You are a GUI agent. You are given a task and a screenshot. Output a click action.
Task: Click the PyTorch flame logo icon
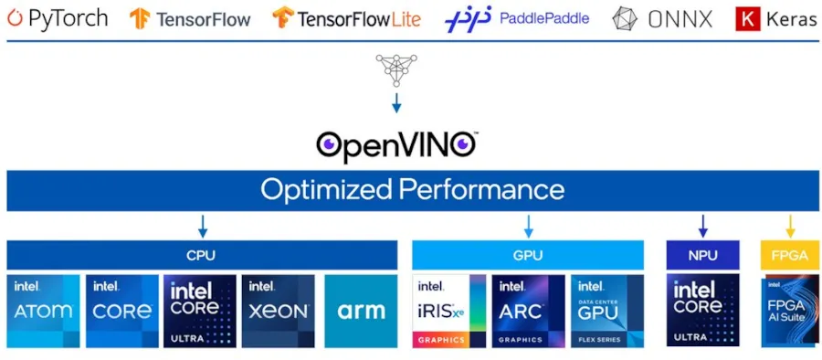pyautogui.click(x=16, y=17)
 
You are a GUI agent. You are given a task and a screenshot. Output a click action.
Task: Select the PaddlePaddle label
pyautogui.click(x=544, y=17)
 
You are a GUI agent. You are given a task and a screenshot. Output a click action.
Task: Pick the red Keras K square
pyautogui.click(x=747, y=17)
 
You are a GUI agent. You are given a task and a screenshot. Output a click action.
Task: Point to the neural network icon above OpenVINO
pyautogui.click(x=395, y=70)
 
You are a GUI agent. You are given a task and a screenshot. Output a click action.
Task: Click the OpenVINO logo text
pyautogui.click(x=396, y=143)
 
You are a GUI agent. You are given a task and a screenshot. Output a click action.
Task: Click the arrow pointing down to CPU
pyautogui.click(x=203, y=226)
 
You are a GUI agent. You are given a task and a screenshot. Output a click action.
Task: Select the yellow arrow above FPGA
pyautogui.click(x=790, y=226)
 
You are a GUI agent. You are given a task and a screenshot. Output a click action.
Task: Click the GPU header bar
pyautogui.click(x=529, y=255)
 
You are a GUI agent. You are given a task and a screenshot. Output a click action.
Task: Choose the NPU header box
pyautogui.click(x=702, y=255)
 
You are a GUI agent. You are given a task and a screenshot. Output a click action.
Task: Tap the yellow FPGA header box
pyautogui.click(x=790, y=255)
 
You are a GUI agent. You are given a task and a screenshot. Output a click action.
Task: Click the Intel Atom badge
pyautogui.click(x=42, y=311)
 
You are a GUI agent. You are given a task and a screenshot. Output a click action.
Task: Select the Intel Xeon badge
pyautogui.click(x=278, y=311)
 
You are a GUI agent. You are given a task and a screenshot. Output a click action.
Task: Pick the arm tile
pyautogui.click(x=361, y=311)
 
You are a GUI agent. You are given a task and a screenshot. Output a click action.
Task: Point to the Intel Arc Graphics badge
pyautogui.click(x=528, y=311)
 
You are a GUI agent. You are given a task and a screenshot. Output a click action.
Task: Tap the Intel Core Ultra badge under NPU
pyautogui.click(x=702, y=311)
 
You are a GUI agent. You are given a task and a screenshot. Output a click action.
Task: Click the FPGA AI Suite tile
pyautogui.click(x=790, y=311)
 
